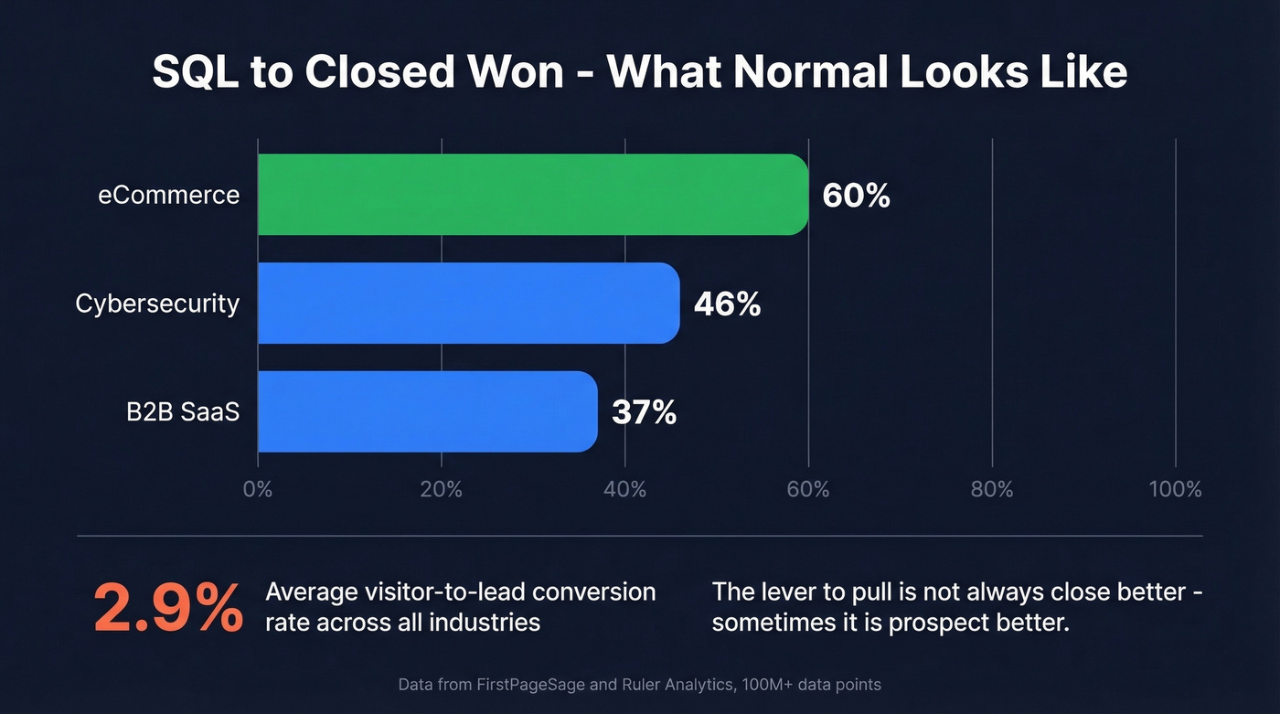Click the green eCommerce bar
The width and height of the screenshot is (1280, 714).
tap(532, 195)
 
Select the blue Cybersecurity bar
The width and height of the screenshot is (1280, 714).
tap(468, 304)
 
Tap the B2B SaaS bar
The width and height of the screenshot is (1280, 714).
tap(427, 411)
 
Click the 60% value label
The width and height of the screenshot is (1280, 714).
tap(856, 196)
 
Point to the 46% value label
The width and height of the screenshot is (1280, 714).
tap(727, 304)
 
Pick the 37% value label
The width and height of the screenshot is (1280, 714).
tap(644, 412)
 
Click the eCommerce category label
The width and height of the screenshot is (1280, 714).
tap(169, 195)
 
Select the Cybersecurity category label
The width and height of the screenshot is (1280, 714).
tap(157, 304)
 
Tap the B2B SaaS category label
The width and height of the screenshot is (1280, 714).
tap(183, 412)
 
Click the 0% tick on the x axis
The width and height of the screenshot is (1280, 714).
tap(258, 489)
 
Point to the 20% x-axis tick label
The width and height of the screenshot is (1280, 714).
tap(441, 489)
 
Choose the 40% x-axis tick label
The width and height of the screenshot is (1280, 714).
tap(624, 489)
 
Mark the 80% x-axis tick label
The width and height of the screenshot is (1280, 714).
tap(991, 489)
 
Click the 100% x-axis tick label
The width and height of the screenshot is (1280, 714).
tap(1175, 489)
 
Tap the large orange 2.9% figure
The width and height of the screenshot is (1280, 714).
tap(168, 607)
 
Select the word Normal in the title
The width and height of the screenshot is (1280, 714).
tap(805, 73)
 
